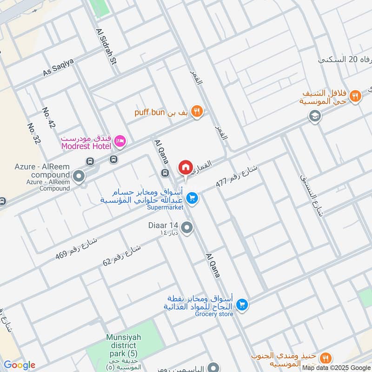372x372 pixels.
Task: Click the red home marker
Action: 185,167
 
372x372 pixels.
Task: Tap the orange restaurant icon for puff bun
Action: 197,111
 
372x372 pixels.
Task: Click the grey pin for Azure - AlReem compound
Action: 79,176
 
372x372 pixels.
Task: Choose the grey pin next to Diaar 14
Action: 187,227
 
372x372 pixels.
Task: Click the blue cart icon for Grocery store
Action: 241,305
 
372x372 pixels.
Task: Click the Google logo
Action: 20,365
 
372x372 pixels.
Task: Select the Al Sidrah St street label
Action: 105,46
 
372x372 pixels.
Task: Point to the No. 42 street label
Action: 49,118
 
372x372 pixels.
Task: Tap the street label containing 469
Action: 76,248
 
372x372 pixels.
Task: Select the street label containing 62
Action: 121,254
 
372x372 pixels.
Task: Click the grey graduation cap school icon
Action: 315,116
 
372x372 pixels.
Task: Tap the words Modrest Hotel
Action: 86,146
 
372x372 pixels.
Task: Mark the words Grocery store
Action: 214,314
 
